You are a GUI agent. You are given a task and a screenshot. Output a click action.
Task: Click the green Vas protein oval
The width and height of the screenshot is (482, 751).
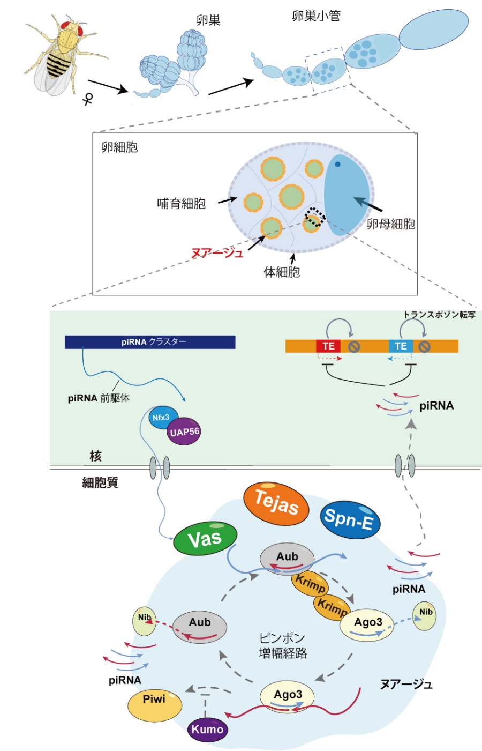[x=205, y=538]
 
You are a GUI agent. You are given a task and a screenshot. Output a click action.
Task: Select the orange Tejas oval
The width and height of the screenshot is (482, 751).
[x=276, y=503]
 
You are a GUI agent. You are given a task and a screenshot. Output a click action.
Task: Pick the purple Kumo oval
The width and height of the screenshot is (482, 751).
[x=207, y=729]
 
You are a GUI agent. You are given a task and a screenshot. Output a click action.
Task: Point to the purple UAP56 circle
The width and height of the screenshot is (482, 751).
[x=184, y=432]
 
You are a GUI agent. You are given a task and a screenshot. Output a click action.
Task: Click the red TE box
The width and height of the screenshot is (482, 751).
[x=328, y=346]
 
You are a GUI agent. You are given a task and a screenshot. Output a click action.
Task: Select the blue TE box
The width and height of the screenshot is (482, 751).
[x=401, y=346]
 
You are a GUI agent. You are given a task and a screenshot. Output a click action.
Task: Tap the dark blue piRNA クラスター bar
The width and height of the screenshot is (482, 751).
[x=150, y=342]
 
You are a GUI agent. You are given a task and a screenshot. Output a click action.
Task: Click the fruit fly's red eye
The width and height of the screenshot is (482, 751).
[x=67, y=25]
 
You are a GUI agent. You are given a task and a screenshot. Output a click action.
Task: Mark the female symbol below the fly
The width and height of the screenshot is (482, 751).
[x=88, y=99]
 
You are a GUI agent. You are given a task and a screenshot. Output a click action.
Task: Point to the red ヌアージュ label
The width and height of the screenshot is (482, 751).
[x=217, y=252]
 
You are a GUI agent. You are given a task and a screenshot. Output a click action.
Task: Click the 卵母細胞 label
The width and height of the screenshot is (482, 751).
[x=390, y=224]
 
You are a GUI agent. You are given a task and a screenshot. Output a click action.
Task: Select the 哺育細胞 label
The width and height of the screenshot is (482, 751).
[x=181, y=204]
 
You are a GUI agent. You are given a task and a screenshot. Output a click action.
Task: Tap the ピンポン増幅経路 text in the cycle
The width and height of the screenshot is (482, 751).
[x=282, y=645]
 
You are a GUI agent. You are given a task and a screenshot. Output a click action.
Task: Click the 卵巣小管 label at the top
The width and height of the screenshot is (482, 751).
[x=316, y=16]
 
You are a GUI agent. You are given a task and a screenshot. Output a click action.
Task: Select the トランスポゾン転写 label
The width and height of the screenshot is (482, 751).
[x=439, y=315]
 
